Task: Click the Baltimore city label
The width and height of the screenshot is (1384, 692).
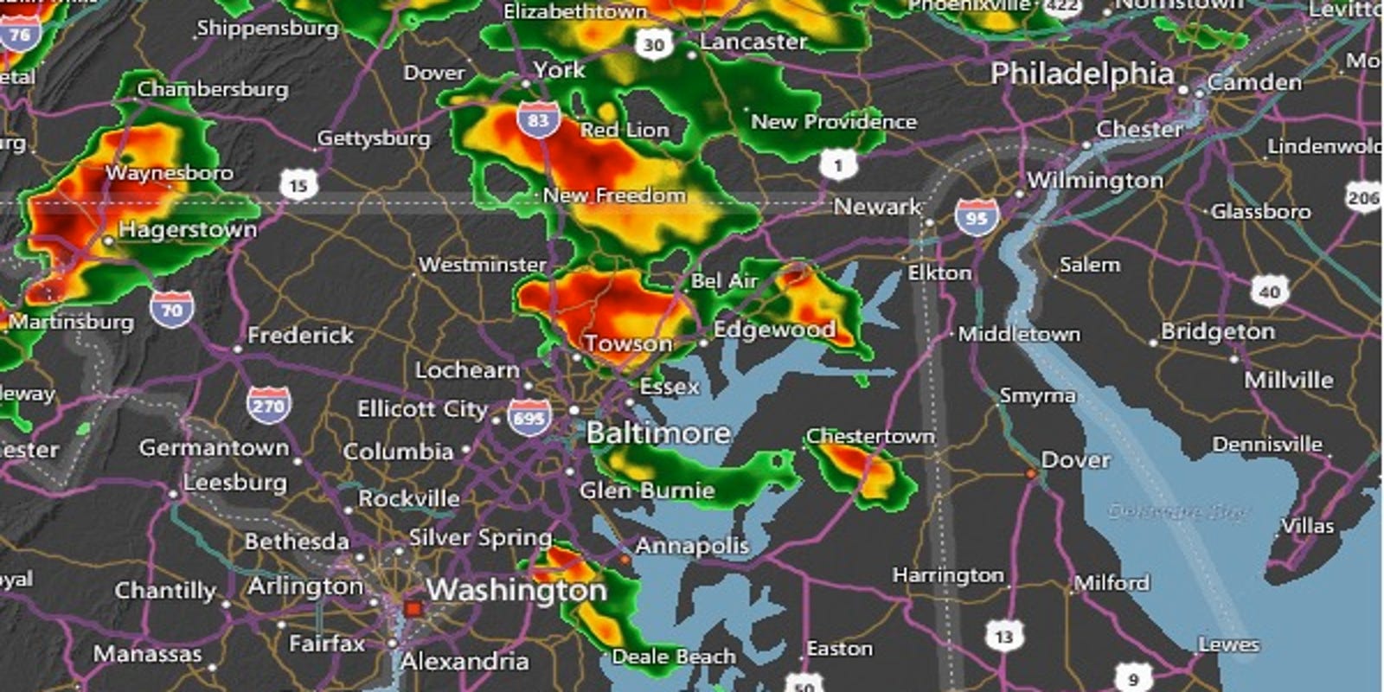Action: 658,432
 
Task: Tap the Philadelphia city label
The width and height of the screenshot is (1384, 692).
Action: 1082,74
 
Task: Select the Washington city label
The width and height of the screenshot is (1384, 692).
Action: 516,590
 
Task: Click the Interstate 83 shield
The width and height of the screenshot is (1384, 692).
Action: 539,120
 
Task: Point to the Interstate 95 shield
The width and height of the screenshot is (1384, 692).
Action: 977,218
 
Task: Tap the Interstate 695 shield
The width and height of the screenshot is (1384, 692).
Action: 529,419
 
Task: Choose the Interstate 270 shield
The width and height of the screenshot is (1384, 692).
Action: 268,406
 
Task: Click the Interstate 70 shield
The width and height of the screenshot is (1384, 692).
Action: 171,310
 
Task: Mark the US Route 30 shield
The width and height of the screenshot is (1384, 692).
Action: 654,45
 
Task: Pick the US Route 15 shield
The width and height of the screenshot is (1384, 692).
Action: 298,184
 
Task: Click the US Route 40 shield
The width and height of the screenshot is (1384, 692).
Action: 1269,292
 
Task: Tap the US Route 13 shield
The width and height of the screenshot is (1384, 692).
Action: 1003,638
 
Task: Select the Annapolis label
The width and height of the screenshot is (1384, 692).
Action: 692,546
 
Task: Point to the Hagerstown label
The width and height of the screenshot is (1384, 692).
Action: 188,230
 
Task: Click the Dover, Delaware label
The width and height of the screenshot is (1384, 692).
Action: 1075,460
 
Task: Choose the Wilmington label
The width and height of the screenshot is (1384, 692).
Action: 1095,181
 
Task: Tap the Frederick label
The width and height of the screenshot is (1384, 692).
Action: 300,336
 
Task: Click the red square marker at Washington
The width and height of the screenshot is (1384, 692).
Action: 413,609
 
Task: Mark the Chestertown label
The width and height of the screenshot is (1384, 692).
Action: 870,437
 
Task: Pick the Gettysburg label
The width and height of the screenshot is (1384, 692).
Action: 374,138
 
